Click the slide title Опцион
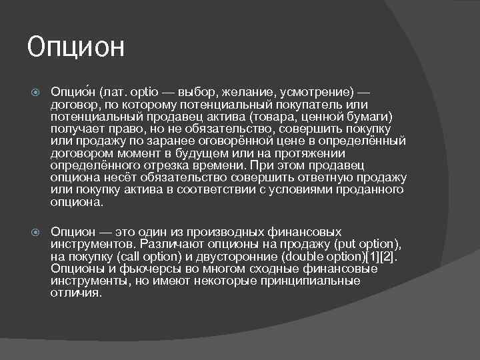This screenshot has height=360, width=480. click(76, 47)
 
